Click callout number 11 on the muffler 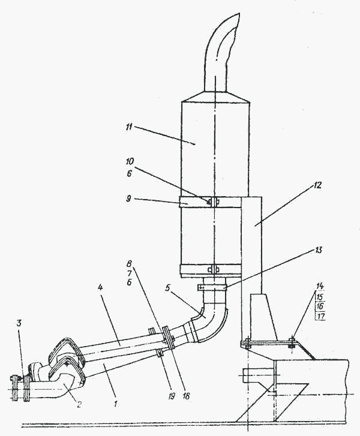pyautogui.click(x=130, y=128)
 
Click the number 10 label pyautogui.click(x=130, y=162)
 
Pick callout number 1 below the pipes pyautogui.click(x=116, y=405)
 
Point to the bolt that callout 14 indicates pyautogui.click(x=292, y=344)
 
